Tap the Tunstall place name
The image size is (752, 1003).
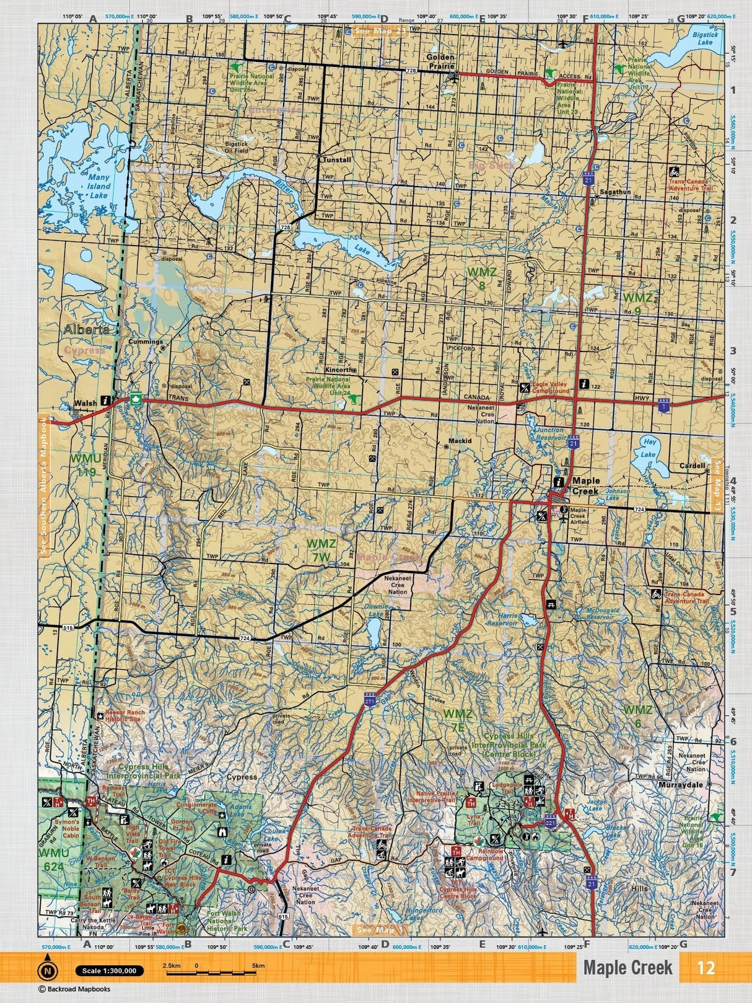click(x=337, y=160)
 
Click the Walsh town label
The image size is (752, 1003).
click(x=85, y=403)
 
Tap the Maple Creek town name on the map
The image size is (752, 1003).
click(x=585, y=485)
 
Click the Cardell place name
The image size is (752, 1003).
click(x=693, y=466)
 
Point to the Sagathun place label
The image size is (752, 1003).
click(x=615, y=192)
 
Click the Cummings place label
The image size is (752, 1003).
click(x=145, y=342)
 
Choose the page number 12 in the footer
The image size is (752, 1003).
click(x=706, y=968)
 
